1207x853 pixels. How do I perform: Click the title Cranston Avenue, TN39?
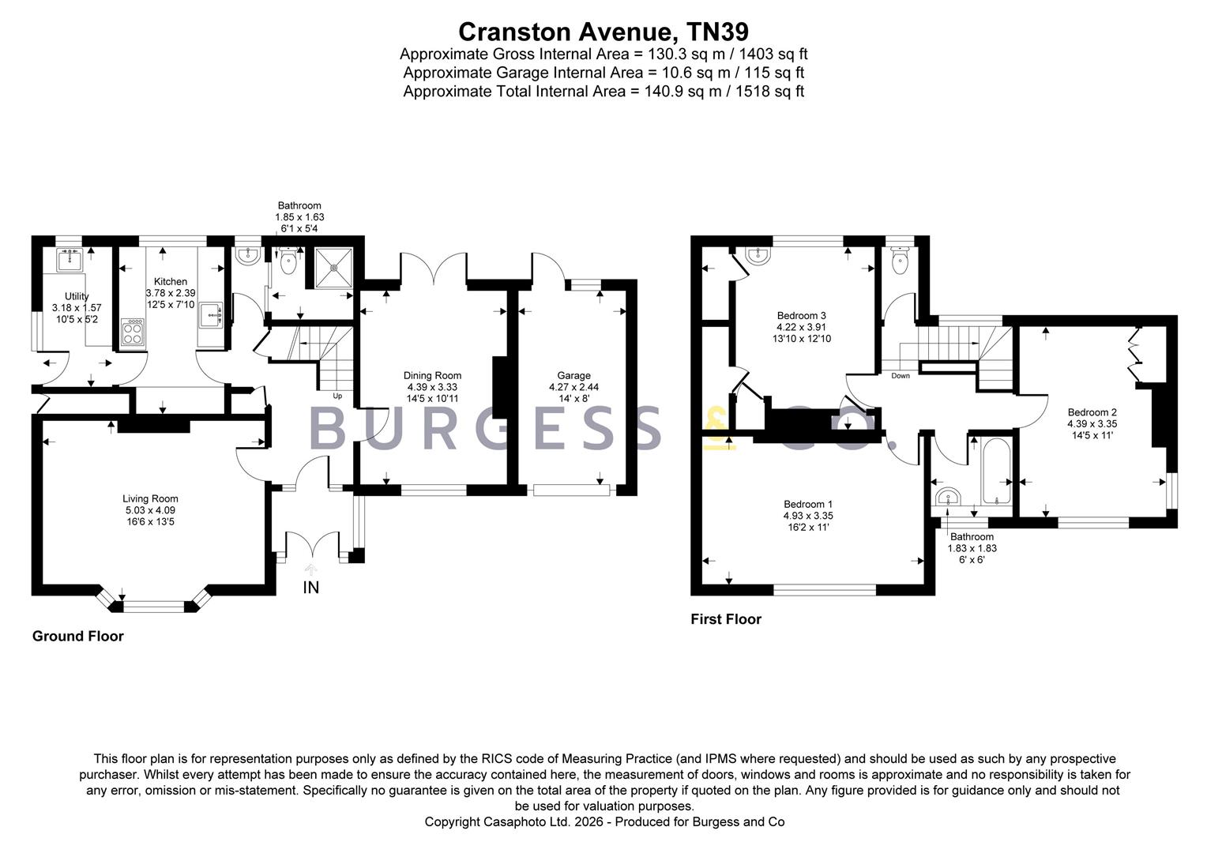[603, 32]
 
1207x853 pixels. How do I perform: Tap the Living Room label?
[150, 498]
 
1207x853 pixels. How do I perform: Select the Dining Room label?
[432, 376]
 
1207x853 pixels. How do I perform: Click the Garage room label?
[573, 376]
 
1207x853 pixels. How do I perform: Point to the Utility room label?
[77, 297]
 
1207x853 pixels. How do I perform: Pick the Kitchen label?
[171, 282]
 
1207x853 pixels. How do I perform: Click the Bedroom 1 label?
[808, 505]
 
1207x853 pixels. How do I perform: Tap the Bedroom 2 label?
[1092, 412]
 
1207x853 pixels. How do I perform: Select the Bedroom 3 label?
[801, 316]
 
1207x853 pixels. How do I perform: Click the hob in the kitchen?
[133, 332]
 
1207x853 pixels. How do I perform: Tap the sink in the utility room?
[72, 258]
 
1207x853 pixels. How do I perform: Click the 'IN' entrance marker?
[311, 588]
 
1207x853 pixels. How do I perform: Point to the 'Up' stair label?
[337, 396]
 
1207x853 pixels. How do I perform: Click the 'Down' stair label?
[901, 376]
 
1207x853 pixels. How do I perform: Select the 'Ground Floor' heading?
[78, 637]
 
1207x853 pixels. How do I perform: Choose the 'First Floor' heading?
[726, 619]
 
